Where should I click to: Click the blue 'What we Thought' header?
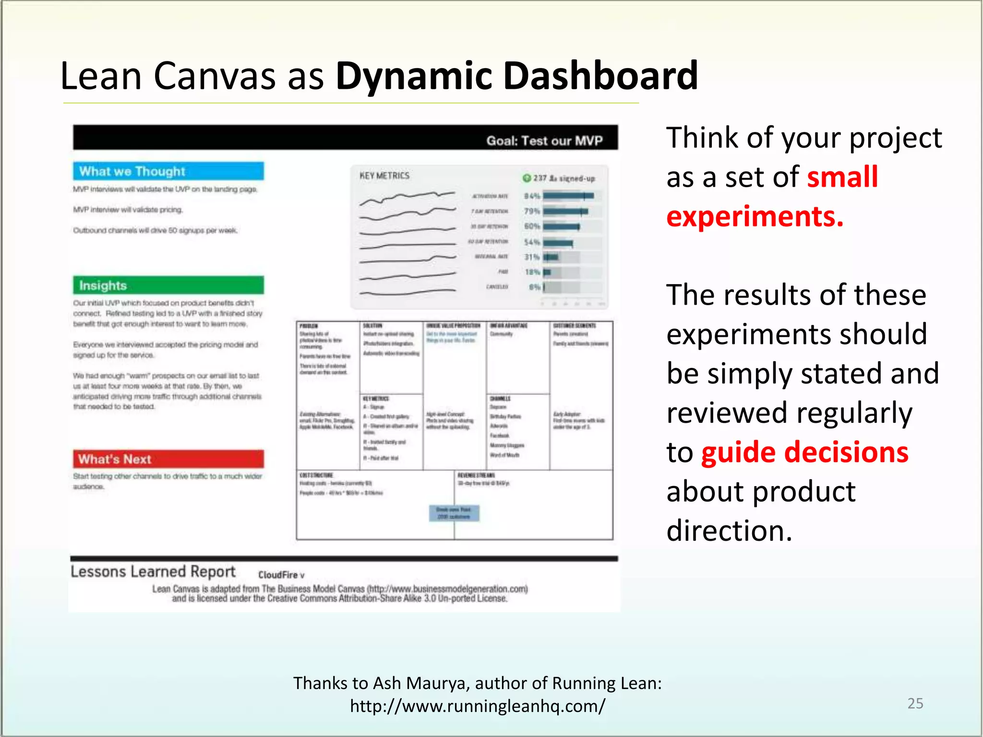[x=168, y=171]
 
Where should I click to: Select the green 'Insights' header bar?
[x=168, y=285]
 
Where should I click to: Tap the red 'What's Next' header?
[x=168, y=459]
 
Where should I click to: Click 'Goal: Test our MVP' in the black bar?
[x=544, y=141]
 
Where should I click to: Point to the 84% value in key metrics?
[x=532, y=196]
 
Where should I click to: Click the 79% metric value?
[x=532, y=211]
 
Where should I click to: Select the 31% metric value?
[x=532, y=257]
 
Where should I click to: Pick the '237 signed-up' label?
[x=560, y=178]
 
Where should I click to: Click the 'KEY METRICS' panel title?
[x=384, y=176]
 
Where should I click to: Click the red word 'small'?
[x=842, y=177]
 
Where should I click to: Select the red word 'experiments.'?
[x=755, y=216]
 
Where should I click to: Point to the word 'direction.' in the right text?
[x=729, y=531]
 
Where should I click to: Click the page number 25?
[x=915, y=703]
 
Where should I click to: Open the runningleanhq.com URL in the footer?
[x=478, y=706]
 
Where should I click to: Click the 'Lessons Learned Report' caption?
[x=153, y=572]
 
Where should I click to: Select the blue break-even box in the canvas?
[x=454, y=513]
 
